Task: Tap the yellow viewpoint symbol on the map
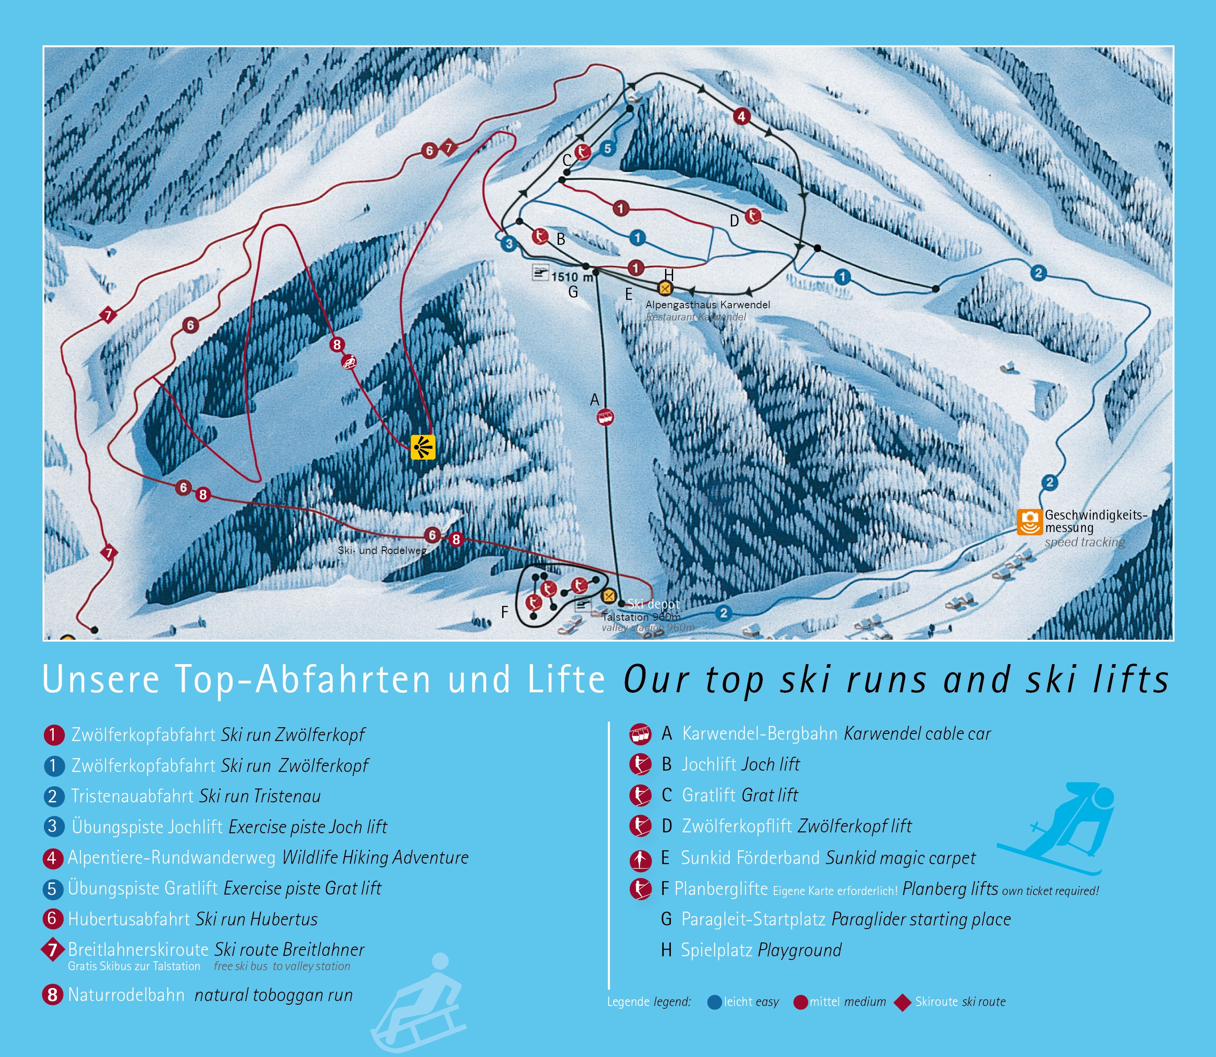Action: point(422,447)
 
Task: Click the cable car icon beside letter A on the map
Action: point(605,418)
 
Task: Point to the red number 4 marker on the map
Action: point(742,116)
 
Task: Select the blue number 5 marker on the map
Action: point(608,149)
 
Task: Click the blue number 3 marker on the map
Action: point(508,243)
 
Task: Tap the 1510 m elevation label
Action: point(571,276)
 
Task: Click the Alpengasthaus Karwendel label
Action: point(708,305)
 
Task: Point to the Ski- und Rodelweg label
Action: point(382,550)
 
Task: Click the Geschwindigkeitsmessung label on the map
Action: point(1096,521)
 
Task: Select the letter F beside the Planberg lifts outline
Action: point(504,612)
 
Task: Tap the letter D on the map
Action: point(734,221)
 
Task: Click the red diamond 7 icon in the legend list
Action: point(52,950)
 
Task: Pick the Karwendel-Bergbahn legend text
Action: point(759,734)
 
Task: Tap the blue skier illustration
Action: point(1056,829)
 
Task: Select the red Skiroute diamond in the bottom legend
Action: point(902,1002)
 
